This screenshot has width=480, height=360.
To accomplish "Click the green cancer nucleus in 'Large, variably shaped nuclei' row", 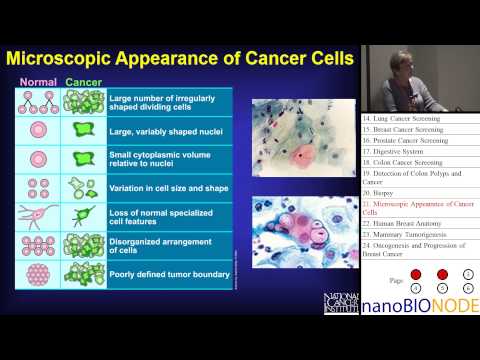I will pos(82,130).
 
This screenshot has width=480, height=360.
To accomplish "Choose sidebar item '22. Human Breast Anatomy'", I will pos(405,222).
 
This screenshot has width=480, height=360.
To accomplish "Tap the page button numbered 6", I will pos(468,286).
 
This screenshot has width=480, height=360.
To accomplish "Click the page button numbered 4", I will pos(415,286).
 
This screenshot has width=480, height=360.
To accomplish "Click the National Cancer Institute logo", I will pos(340,302).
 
